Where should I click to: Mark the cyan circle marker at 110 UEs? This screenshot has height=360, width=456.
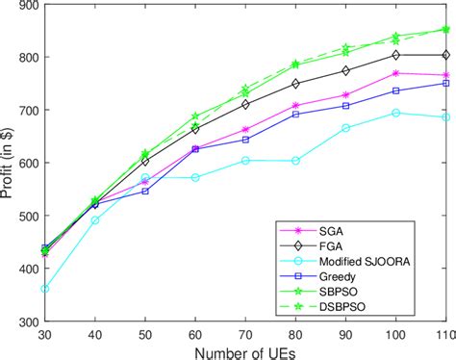444,117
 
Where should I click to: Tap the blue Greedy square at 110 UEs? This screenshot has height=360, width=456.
444,84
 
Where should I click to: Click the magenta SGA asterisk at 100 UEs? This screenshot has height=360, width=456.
395,73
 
